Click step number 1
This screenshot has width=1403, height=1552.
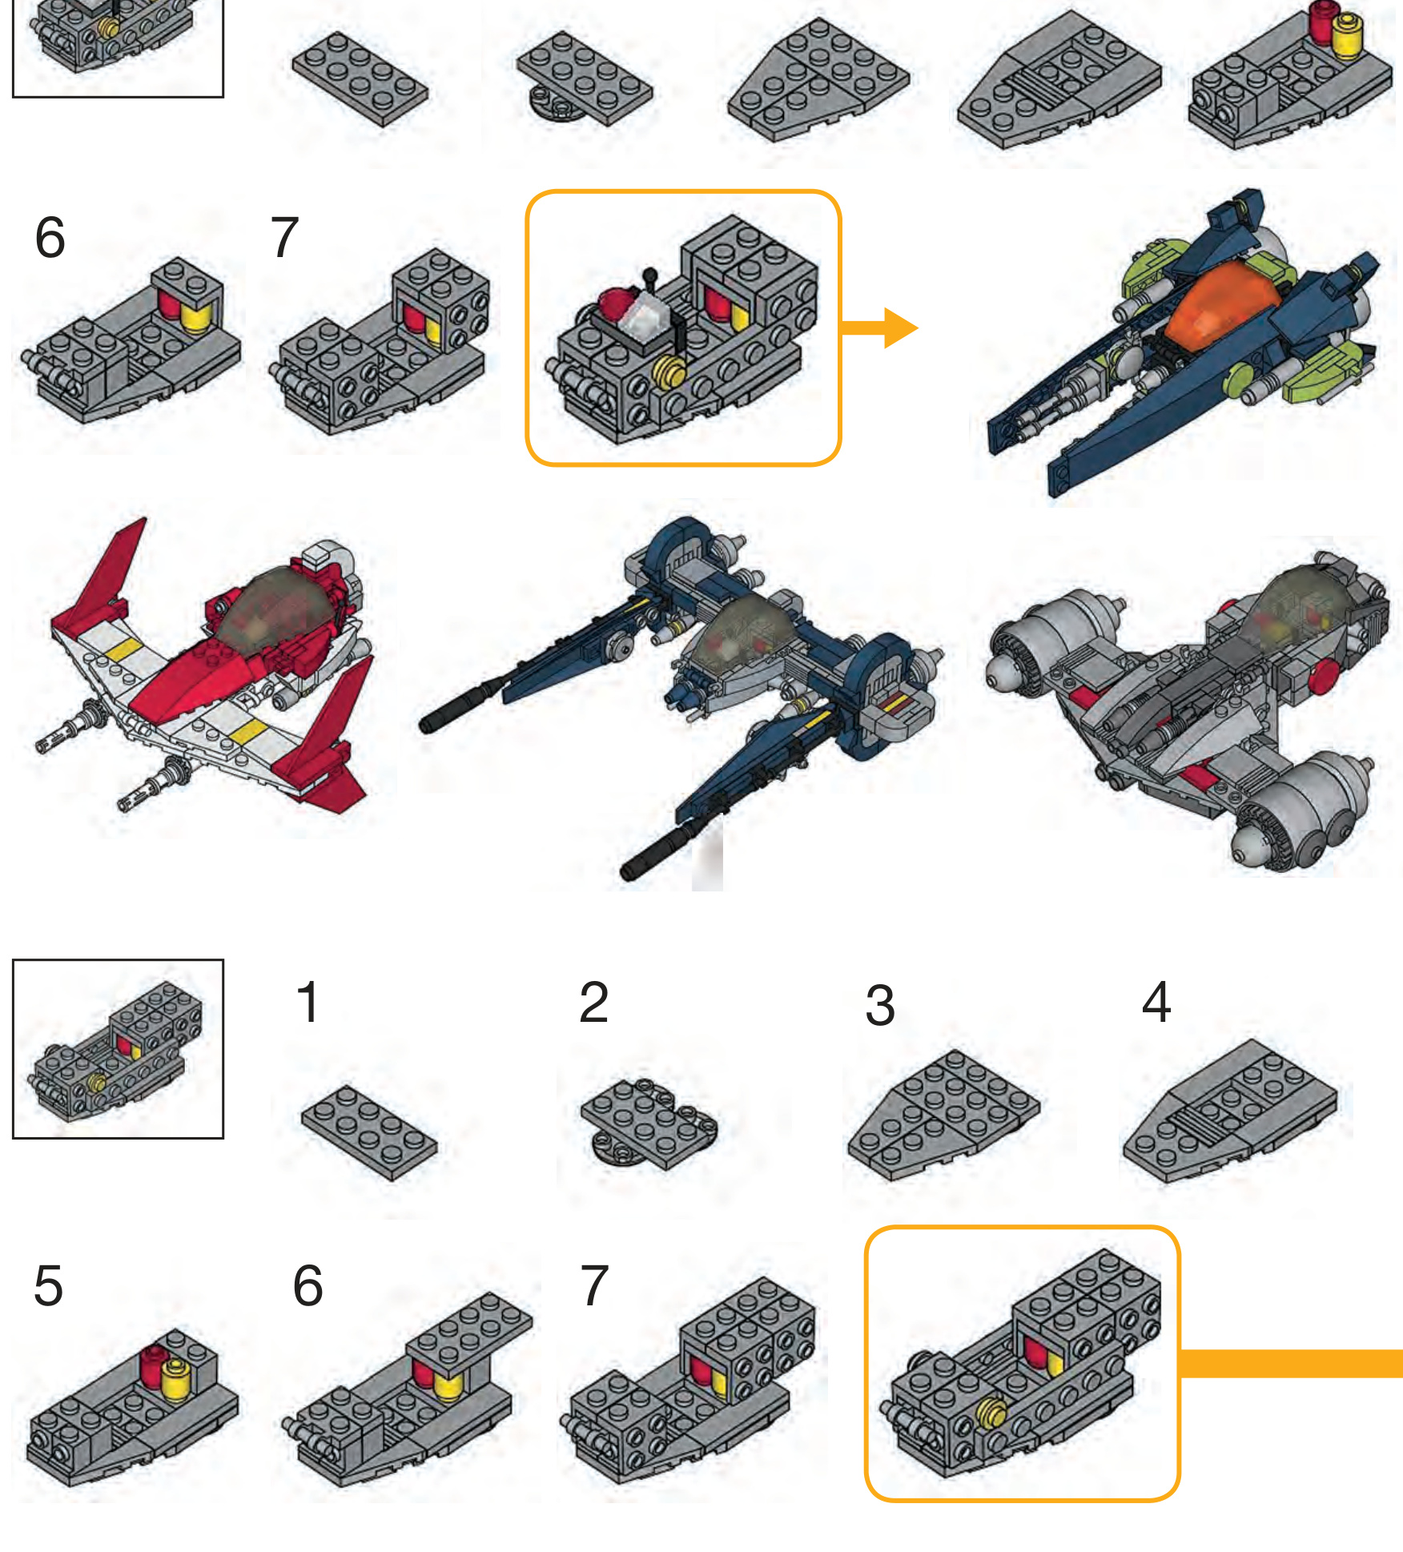coord(308,1002)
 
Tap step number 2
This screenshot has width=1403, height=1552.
coord(593,1002)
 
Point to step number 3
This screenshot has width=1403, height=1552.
coord(880,1006)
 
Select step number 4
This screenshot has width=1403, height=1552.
coord(1156,1002)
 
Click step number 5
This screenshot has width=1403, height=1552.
coord(48,1286)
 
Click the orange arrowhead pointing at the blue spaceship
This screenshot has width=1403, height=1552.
coord(900,328)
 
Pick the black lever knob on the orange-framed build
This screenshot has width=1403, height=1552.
coord(650,274)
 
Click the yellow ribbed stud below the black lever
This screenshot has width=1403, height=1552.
coord(671,372)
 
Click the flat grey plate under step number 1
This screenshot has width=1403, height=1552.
coord(369,1132)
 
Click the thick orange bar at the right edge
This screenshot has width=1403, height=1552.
coord(1291,1363)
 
